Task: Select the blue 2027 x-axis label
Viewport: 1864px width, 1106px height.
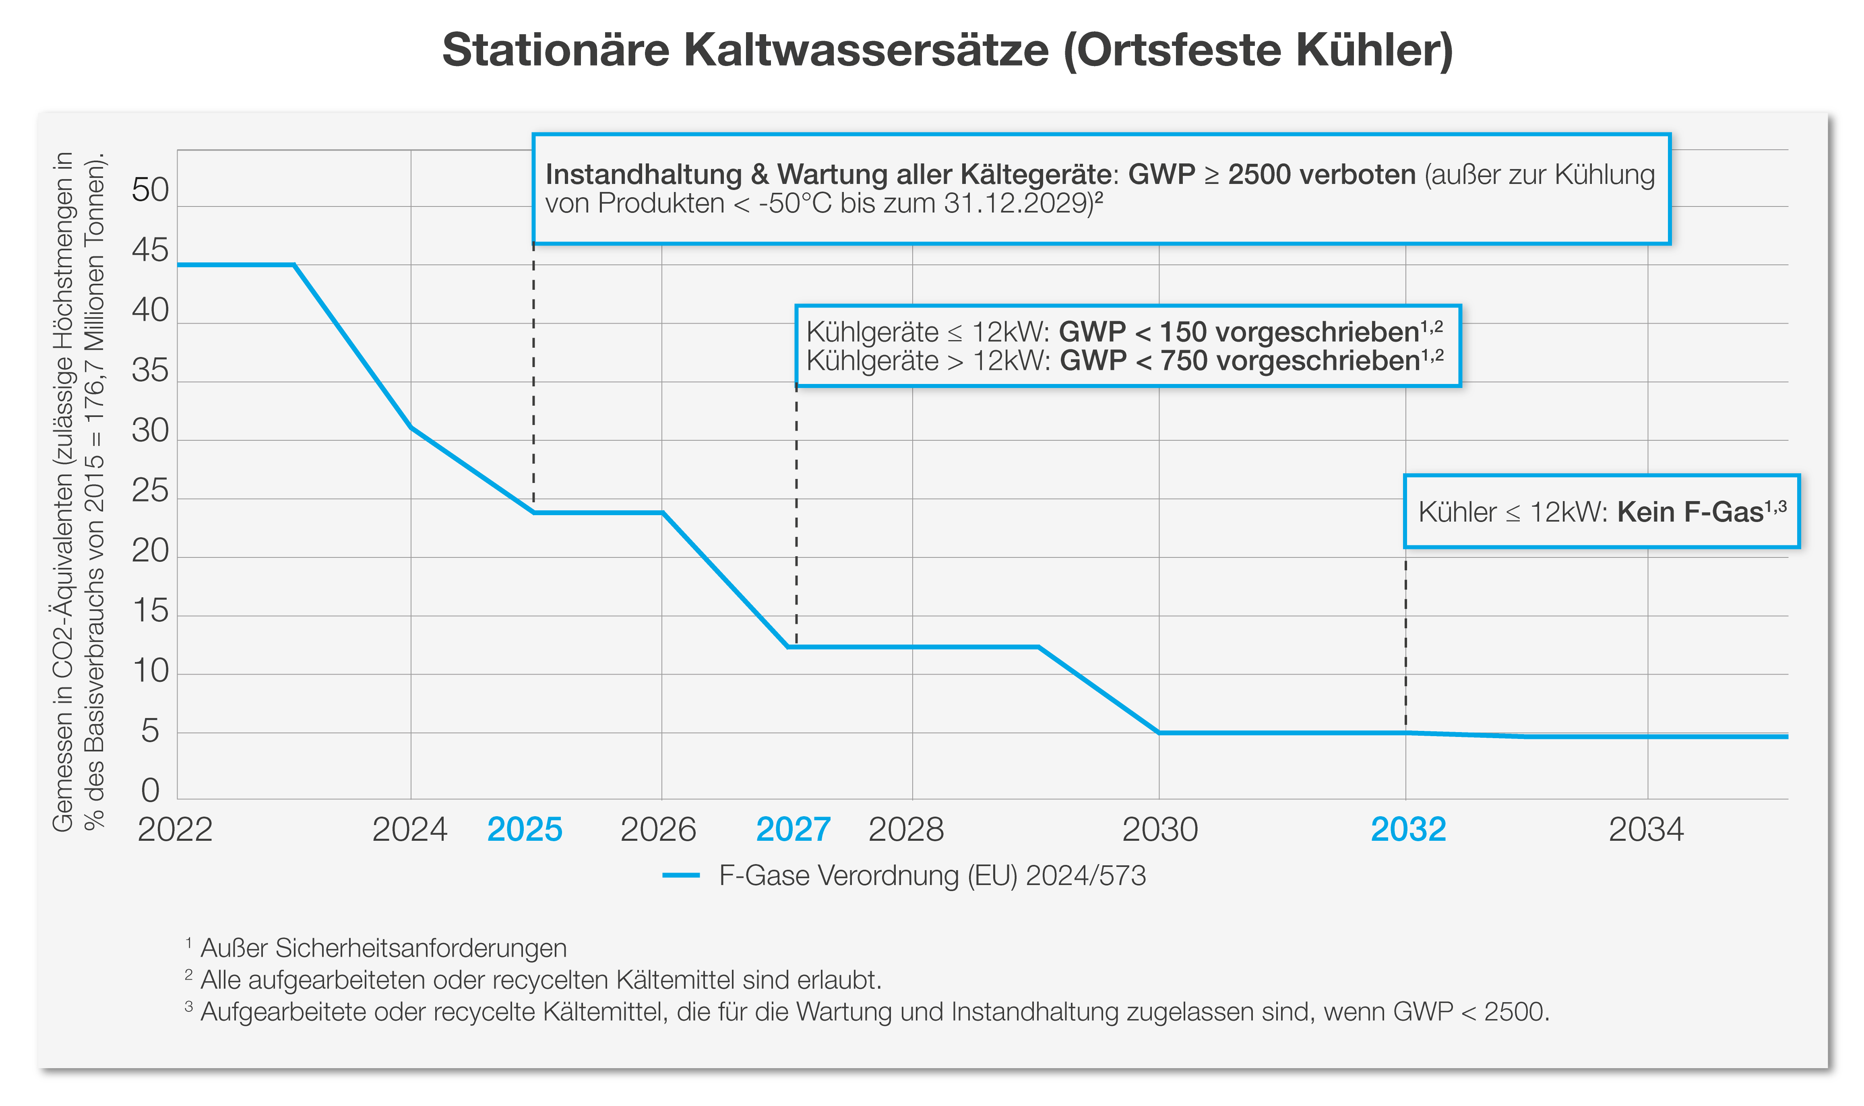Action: point(793,829)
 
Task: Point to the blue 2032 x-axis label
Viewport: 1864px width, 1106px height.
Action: point(1408,829)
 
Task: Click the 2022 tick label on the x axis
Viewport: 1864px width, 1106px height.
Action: point(175,829)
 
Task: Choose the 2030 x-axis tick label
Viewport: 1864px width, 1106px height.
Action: point(1160,829)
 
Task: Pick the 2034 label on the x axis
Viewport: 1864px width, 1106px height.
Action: point(1646,829)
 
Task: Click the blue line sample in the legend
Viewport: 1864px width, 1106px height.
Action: point(680,876)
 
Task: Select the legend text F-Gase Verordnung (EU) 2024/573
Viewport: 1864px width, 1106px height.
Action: point(932,876)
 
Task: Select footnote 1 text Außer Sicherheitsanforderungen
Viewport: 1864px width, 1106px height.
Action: point(383,948)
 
